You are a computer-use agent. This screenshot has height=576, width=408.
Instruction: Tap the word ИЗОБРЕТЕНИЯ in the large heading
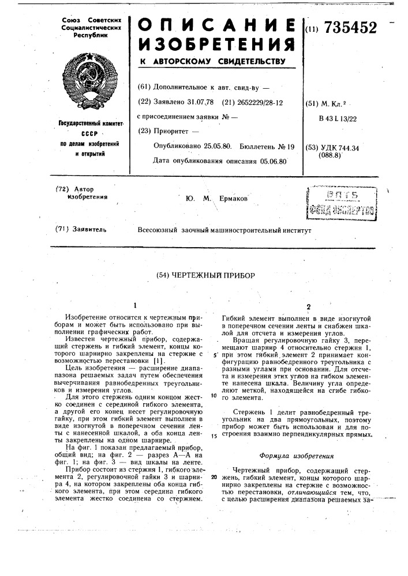tap(216, 46)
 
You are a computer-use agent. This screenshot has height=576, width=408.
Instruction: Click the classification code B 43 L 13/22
tap(336, 118)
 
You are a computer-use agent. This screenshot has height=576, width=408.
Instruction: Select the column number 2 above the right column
tap(308, 306)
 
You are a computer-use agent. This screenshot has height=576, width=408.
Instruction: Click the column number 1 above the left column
tap(134, 305)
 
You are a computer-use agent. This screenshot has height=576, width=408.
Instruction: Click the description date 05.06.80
tap(269, 161)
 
